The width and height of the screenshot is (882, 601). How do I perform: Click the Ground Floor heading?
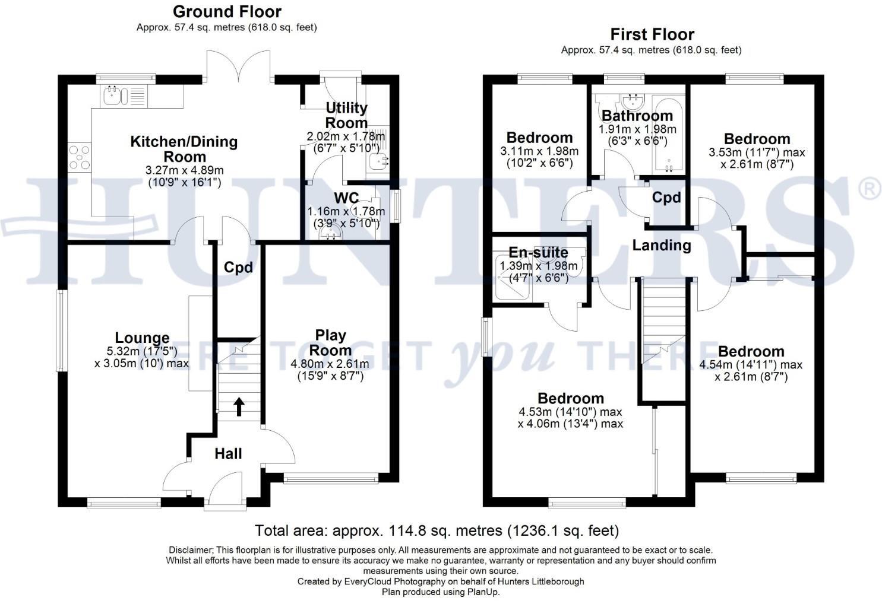coord(227,12)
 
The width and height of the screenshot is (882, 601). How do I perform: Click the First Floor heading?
coord(652,34)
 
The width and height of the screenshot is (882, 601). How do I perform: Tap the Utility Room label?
coord(346,115)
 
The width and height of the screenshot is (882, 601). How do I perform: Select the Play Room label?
coord(331,342)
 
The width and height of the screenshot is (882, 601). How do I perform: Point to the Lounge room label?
coord(142,338)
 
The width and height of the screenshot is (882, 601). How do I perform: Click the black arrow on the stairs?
coord(239,406)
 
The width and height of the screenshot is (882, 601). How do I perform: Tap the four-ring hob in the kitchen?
coord(79,157)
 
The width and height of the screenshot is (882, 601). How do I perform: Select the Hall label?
coord(229,453)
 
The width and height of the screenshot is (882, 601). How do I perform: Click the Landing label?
coord(662,245)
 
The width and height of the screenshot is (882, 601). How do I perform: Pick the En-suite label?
coord(538,252)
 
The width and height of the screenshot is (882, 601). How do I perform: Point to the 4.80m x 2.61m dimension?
coord(330,364)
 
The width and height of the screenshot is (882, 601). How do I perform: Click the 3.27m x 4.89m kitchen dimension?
coord(185,170)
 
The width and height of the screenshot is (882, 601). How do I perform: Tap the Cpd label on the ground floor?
coord(238,268)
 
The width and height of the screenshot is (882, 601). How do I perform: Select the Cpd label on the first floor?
coord(666,197)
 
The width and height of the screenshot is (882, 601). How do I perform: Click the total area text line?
coord(437,530)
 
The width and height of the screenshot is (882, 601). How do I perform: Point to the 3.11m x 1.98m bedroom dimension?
coord(539,151)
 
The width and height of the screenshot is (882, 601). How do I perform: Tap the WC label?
coord(346,198)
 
